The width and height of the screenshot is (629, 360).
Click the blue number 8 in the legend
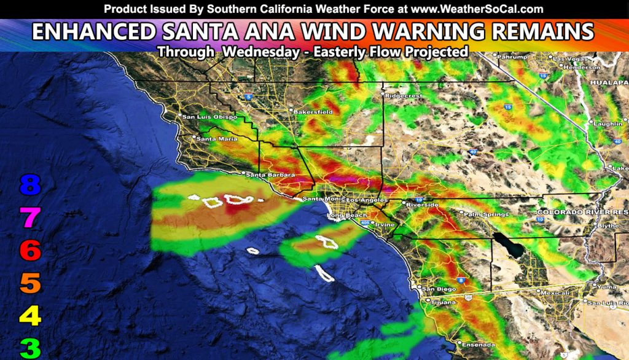(x=30, y=184)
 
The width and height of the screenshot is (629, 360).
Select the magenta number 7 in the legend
(x=30, y=217)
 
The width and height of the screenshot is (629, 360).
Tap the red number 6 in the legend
(x=30, y=250)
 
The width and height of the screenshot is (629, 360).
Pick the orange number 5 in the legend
(x=30, y=283)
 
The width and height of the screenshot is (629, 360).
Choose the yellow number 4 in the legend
(x=30, y=316)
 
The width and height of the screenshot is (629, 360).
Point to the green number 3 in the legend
(x=30, y=348)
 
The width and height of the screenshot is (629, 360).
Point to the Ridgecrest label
(x=402, y=96)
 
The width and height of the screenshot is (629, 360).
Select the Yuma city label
(x=606, y=286)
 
